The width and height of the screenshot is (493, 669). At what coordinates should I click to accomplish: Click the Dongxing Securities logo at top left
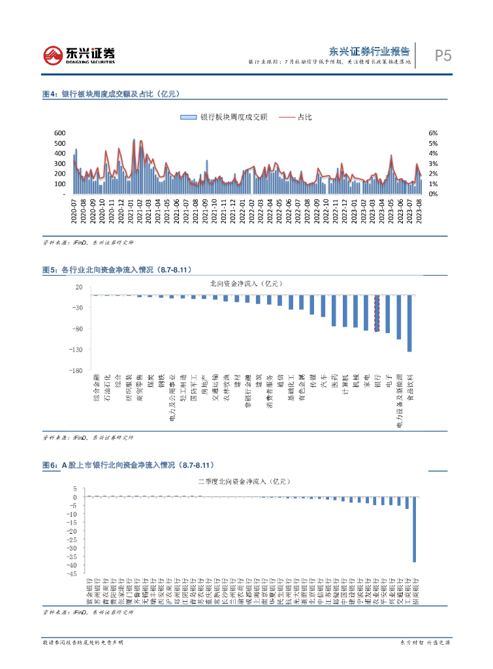(79, 55)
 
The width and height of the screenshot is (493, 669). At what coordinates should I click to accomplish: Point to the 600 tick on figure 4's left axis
(59, 133)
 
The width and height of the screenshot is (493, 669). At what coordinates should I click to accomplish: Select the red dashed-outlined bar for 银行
(376, 313)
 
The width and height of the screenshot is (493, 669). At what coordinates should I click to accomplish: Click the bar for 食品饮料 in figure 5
(409, 323)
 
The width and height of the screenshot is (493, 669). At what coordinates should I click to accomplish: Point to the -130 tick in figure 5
(57, 350)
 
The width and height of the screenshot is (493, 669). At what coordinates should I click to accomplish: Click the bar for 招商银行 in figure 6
(414, 529)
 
